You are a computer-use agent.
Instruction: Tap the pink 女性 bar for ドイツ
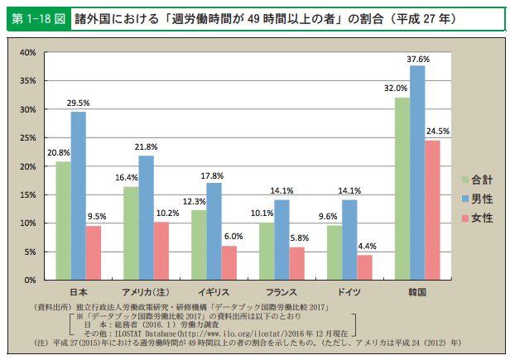pos(364,267)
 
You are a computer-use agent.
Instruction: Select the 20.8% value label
pos(59,154)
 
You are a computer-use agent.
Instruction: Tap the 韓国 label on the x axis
pos(417,292)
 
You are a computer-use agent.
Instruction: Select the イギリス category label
pos(214,292)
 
